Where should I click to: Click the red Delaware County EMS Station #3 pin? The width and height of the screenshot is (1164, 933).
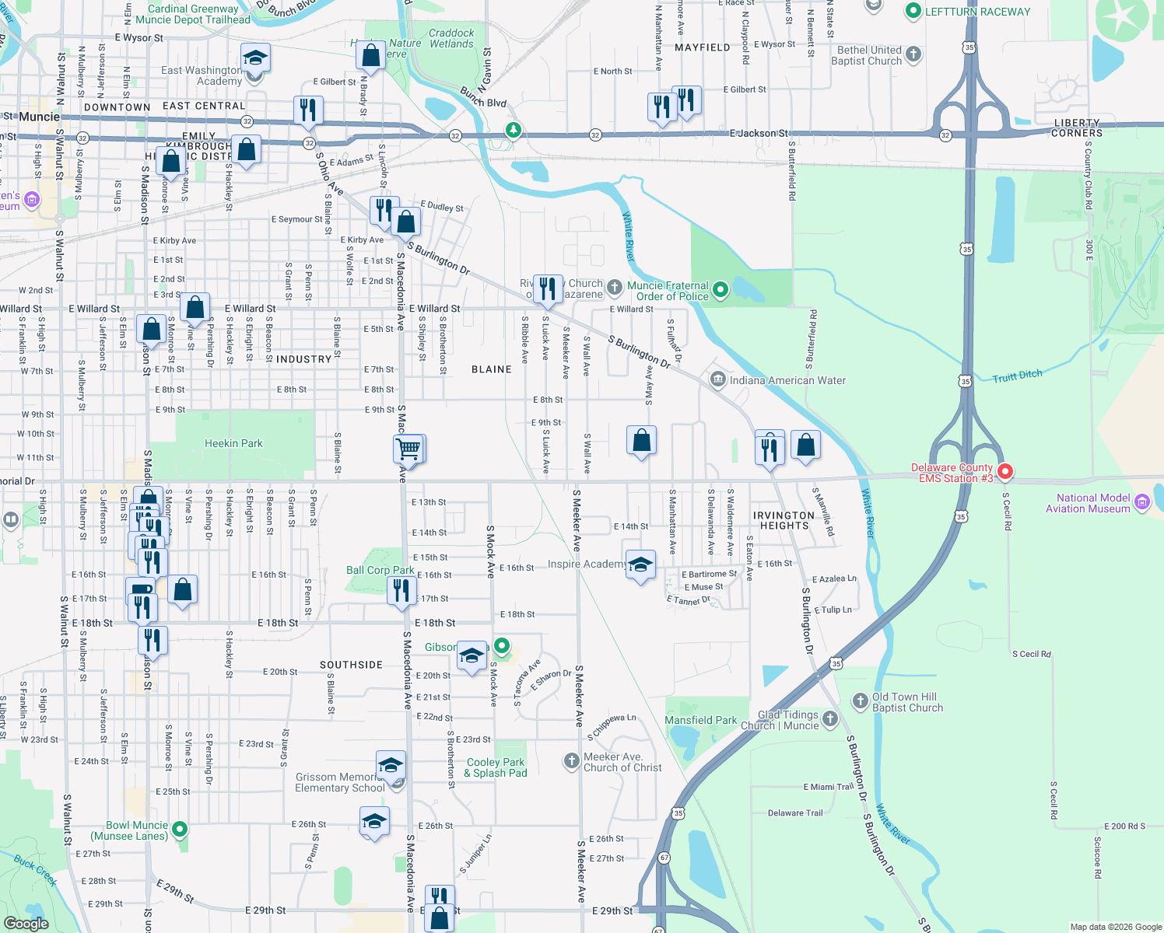(x=1004, y=471)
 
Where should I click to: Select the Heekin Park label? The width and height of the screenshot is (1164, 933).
(x=233, y=443)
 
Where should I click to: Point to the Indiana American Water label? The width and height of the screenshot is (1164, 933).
(x=787, y=380)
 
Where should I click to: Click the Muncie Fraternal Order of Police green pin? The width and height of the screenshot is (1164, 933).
(x=720, y=290)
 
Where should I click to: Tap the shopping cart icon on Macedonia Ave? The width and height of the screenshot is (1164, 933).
(x=408, y=449)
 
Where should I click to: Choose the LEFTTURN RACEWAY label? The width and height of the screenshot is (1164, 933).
(x=976, y=12)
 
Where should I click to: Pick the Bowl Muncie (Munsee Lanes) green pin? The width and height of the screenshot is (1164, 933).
(x=180, y=830)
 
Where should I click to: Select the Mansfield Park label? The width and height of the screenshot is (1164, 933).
(x=700, y=720)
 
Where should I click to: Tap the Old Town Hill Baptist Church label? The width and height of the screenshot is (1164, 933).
(x=907, y=702)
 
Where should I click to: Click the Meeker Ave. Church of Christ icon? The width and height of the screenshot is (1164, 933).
(x=572, y=760)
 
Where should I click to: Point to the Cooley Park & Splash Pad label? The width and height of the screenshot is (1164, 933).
(x=496, y=767)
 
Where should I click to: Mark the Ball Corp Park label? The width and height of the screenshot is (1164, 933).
(x=380, y=570)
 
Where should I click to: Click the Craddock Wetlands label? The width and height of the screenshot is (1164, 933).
(x=451, y=38)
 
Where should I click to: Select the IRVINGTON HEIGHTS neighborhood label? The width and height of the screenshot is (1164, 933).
(x=784, y=520)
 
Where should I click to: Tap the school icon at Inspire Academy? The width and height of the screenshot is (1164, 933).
(x=640, y=566)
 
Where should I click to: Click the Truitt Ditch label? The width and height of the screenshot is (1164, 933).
(x=1017, y=376)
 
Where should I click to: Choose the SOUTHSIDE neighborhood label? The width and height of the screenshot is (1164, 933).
(x=351, y=665)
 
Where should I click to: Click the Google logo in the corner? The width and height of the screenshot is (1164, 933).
(x=26, y=923)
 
